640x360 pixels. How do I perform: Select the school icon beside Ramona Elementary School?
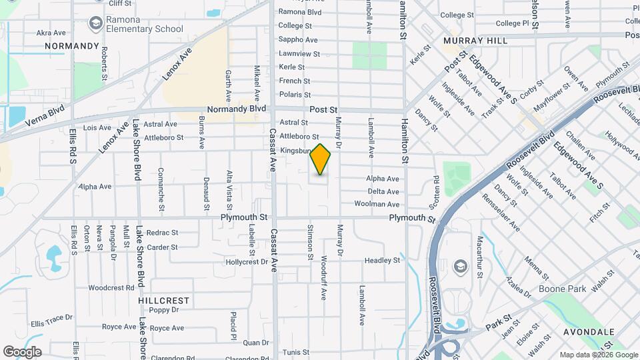tap(96, 24)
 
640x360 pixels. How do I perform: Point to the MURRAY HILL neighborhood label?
tap(475, 41)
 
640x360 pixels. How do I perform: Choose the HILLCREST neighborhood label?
tap(164, 301)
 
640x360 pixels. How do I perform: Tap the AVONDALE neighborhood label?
tap(592, 331)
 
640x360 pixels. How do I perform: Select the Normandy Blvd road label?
tap(237, 109)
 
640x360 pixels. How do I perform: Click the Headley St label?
tap(382, 261)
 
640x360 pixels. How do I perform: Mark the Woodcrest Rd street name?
tap(111, 288)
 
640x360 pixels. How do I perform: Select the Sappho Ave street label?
tap(298, 40)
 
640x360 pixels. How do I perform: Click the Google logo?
tap(21, 351)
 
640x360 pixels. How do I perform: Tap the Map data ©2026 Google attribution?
tap(597, 355)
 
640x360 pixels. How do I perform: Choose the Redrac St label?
tap(163, 233)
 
